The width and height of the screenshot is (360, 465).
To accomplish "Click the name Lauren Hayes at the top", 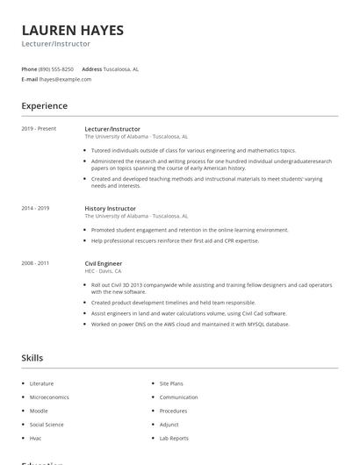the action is click(73, 30).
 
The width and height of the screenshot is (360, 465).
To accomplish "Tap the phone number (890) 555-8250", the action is click(56, 68).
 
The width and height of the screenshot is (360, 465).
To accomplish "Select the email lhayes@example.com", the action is click(65, 79).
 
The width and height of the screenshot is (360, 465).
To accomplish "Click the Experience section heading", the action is click(44, 106).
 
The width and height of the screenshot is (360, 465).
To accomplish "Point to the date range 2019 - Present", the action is click(39, 129).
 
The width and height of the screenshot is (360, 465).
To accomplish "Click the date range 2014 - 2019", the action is click(35, 208).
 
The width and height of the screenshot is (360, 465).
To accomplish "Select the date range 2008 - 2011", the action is click(35, 263).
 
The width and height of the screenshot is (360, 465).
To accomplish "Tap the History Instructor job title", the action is click(110, 208).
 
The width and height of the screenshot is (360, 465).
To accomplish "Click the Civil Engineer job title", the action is click(103, 263).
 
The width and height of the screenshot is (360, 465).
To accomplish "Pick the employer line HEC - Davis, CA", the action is click(103, 271).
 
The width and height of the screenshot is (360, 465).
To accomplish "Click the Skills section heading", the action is click(32, 358).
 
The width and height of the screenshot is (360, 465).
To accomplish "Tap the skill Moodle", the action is click(39, 411).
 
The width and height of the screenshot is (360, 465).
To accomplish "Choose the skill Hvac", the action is click(36, 438).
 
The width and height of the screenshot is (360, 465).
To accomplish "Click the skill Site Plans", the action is click(171, 383).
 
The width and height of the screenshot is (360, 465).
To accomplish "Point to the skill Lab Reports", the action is click(174, 438).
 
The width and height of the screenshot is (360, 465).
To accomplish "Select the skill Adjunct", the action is click(169, 424).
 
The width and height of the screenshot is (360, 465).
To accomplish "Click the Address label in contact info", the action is click(92, 68).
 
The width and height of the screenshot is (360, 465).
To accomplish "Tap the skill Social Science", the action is click(47, 424).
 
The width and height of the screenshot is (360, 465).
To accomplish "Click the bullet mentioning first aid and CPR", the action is click(175, 240).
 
